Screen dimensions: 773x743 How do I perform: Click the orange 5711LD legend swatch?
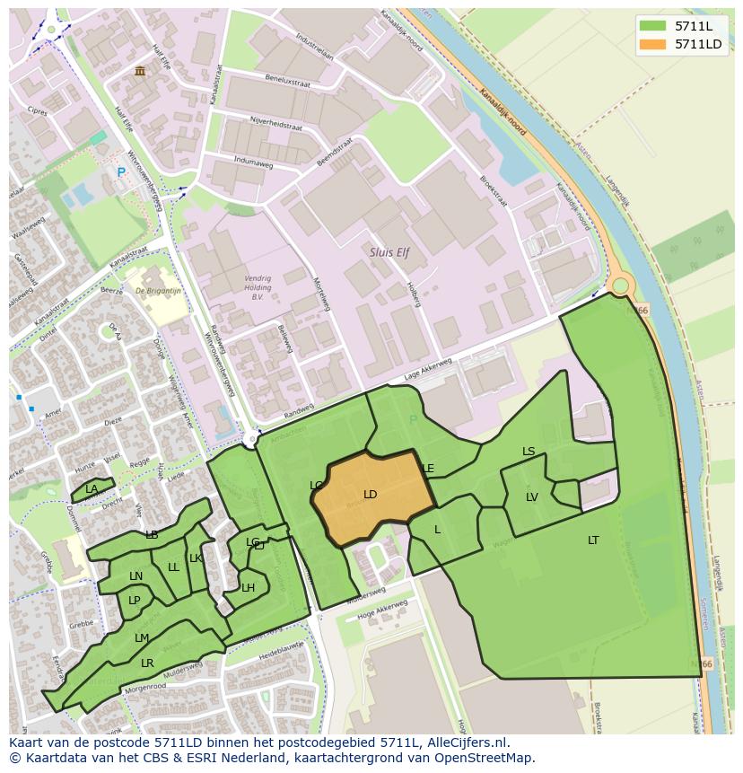[653, 45]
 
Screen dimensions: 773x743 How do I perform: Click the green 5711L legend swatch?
[653, 26]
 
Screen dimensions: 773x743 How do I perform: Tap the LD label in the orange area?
[370, 495]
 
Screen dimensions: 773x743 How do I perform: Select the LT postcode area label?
[593, 540]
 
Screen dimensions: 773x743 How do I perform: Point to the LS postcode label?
[529, 452]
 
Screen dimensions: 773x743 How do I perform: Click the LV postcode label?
[532, 497]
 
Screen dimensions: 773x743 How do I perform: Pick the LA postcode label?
[92, 489]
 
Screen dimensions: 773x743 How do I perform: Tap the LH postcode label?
[248, 588]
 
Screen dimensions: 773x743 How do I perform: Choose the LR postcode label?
[147, 663]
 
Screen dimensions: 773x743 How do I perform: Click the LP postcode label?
[134, 601]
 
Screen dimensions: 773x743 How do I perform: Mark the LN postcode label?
[135, 576]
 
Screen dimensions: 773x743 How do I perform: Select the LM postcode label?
[142, 638]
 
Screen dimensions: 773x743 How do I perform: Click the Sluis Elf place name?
[389, 253]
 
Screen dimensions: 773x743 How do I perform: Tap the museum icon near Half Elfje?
[139, 71]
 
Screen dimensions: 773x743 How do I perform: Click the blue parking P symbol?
[121, 172]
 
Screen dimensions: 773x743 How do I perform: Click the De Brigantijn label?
[158, 291]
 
